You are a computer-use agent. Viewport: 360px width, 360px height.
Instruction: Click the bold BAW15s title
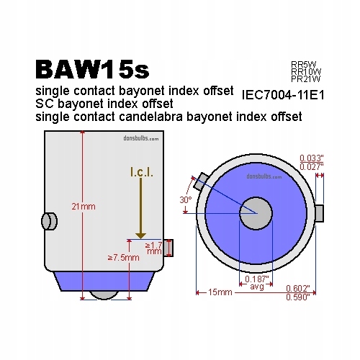point(92,70)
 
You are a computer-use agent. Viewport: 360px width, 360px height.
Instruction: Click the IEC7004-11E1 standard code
point(283,95)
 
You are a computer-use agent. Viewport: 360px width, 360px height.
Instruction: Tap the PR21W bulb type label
point(306,79)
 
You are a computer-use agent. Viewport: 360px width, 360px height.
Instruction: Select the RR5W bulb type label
point(304,64)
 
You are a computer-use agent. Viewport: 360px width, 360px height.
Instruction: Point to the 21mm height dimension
point(84,207)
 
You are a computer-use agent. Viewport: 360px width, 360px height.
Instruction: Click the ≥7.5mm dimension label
point(124,258)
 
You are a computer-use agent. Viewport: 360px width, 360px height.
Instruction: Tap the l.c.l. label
point(142,172)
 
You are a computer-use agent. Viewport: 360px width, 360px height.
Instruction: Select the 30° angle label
point(186,199)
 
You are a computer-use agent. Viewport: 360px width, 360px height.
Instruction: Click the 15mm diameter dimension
point(220,292)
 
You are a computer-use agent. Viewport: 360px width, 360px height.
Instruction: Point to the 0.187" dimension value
point(256,279)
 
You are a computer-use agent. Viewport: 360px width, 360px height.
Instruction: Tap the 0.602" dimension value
point(298,288)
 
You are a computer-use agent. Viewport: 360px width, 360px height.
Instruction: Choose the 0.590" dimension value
point(298,297)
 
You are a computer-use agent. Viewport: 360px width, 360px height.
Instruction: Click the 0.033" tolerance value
point(312,158)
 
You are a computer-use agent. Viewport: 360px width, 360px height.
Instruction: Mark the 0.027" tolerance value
point(312,167)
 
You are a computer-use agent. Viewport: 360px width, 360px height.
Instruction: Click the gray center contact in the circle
point(256,213)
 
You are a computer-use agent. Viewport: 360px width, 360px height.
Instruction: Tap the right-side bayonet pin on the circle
point(320,213)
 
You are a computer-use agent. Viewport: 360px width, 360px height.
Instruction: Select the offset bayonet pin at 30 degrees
point(201,181)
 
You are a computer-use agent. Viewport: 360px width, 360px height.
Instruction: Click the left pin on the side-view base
point(49,221)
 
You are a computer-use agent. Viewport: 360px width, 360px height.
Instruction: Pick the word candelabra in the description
point(150,117)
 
